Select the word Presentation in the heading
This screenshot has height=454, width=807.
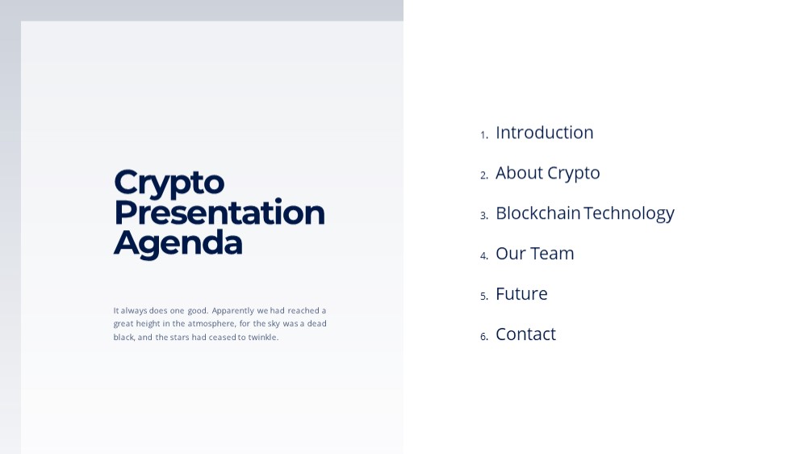click(x=220, y=212)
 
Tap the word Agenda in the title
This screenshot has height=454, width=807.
click(x=178, y=244)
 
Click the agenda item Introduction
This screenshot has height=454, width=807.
click(x=545, y=132)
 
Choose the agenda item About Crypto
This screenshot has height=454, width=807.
click(x=548, y=174)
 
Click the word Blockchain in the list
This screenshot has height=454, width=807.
click(x=537, y=212)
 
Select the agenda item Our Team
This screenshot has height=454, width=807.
click(x=535, y=254)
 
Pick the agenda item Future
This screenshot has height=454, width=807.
click(x=521, y=294)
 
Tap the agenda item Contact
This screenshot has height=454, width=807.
click(x=525, y=334)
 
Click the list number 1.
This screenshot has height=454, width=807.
click(x=484, y=135)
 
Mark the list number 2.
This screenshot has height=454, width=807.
click(x=484, y=175)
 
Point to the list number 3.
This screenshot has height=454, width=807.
click(x=484, y=216)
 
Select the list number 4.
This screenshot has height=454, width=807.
click(x=484, y=255)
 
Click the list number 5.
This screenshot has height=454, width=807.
click(x=484, y=296)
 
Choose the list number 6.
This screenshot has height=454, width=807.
click(x=484, y=337)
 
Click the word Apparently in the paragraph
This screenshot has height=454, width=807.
click(x=233, y=311)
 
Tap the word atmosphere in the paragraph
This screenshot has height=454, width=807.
click(x=211, y=324)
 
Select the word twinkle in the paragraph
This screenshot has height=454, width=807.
click(x=263, y=337)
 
